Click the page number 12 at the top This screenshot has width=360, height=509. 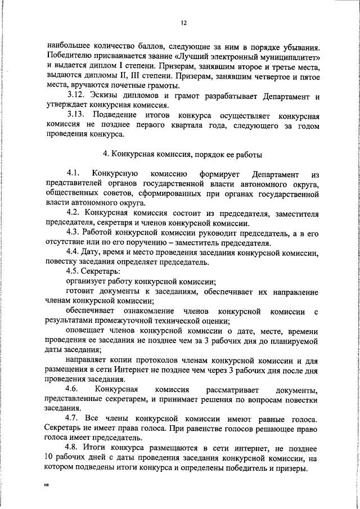tap(183, 23)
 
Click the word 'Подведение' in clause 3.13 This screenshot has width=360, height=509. tap(118, 115)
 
